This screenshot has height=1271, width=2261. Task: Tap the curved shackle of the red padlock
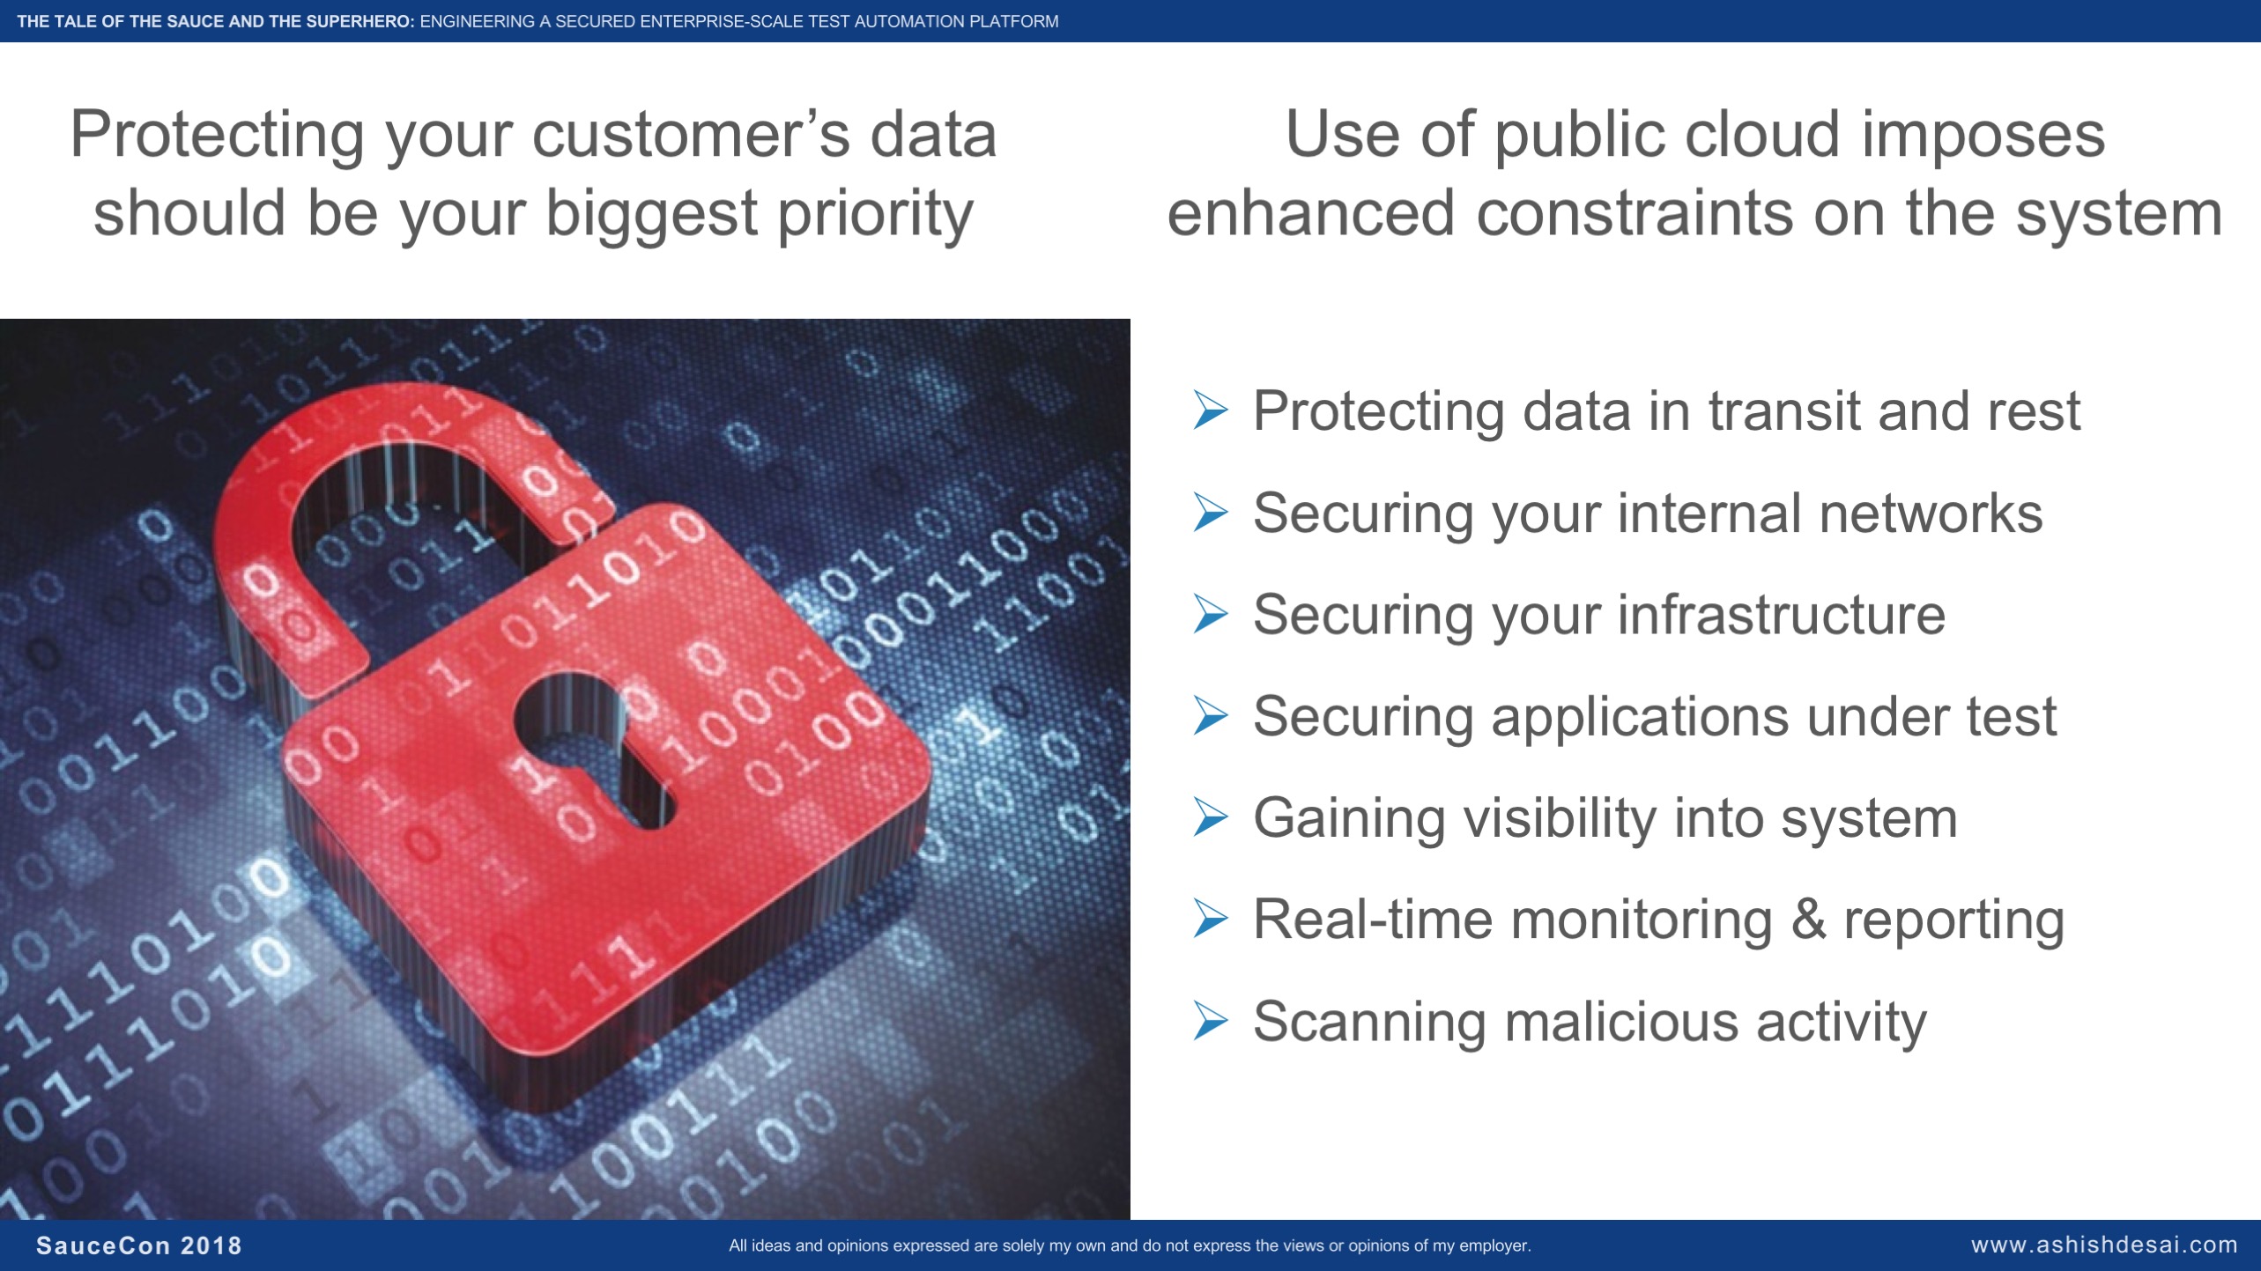[x=264, y=493]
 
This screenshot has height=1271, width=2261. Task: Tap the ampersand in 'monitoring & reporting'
[x=1808, y=920]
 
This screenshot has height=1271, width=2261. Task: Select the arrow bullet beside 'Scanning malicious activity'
[x=1210, y=1020]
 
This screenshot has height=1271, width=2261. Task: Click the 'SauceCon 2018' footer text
[x=138, y=1245]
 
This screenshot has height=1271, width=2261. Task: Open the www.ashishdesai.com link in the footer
[x=2104, y=1245]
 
